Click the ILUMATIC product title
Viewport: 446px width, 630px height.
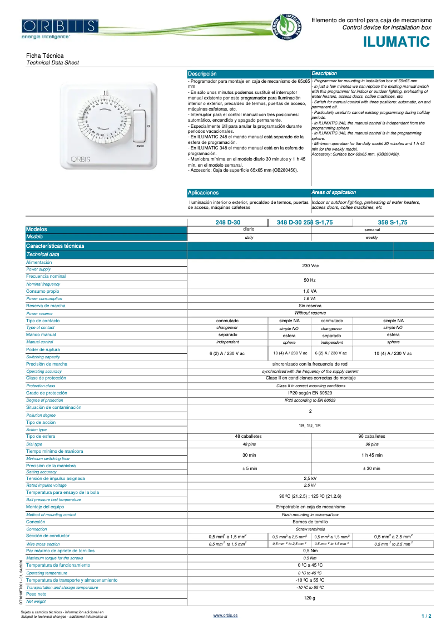(x=397, y=42)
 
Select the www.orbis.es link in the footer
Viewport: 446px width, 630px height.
(x=225, y=616)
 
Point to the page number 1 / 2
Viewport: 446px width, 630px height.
(x=426, y=616)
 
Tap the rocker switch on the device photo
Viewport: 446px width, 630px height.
(x=139, y=126)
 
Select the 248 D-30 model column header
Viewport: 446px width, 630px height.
(x=227, y=222)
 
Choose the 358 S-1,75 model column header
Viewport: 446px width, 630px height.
(x=393, y=222)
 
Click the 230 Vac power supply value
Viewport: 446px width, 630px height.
(x=310, y=266)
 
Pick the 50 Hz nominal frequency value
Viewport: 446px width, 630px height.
(x=310, y=280)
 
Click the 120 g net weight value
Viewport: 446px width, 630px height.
(x=310, y=598)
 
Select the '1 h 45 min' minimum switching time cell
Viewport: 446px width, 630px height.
(x=371, y=455)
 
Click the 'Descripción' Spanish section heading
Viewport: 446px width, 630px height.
(x=202, y=74)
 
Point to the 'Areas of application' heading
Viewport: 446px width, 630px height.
(x=334, y=192)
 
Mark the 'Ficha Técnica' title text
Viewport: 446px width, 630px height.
(x=45, y=56)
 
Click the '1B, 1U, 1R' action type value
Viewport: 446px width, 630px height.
(x=310, y=426)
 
